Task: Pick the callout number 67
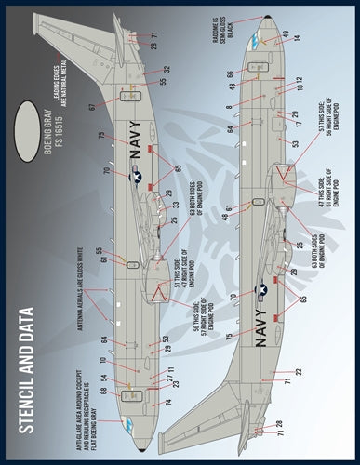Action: pyautogui.click(x=93, y=108)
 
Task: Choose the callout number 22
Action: pyautogui.click(x=298, y=372)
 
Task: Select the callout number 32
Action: pyautogui.click(x=168, y=70)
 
